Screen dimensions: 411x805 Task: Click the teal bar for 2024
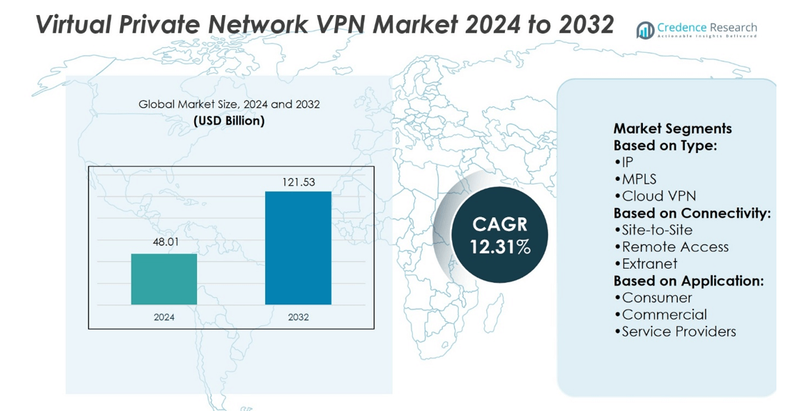click(x=164, y=279)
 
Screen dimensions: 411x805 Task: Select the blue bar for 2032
click(x=298, y=247)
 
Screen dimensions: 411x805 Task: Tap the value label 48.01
click(x=165, y=242)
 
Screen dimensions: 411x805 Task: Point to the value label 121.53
click(x=299, y=182)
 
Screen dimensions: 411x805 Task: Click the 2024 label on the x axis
click(x=164, y=317)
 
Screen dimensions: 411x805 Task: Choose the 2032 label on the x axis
click(x=298, y=317)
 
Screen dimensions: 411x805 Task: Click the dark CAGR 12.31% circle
click(x=500, y=235)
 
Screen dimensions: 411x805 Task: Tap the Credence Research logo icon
click(x=645, y=29)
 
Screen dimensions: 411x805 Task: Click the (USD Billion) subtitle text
click(x=229, y=121)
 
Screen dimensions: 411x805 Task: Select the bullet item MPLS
click(x=639, y=179)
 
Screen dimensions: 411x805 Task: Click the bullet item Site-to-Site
click(x=656, y=230)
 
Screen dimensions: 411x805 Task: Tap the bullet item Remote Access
click(x=674, y=247)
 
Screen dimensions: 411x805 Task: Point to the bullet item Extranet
click(x=649, y=264)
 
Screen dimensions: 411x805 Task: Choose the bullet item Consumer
click(x=656, y=297)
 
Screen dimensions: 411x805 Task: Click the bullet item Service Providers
click(x=678, y=332)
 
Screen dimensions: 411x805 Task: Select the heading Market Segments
click(x=672, y=129)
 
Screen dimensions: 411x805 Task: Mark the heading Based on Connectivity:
click(x=691, y=214)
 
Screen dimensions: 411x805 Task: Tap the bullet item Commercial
click(x=664, y=315)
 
